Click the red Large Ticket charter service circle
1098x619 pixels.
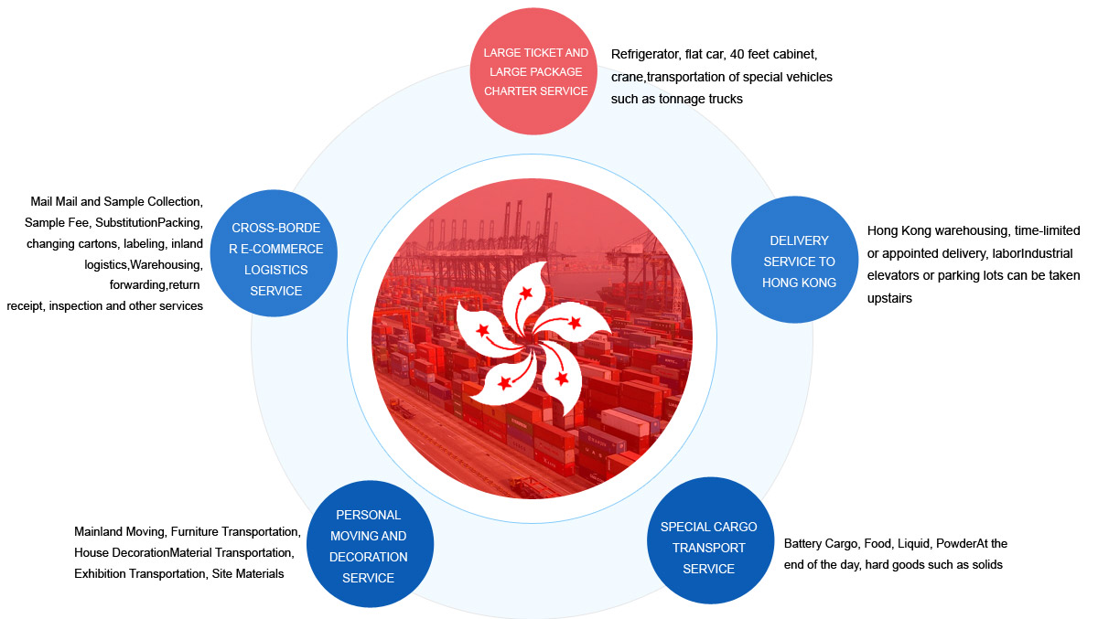click(x=533, y=71)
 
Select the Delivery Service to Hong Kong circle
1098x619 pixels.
click(x=794, y=260)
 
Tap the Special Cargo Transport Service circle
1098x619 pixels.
click(x=710, y=540)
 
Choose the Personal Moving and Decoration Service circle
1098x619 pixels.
click(x=370, y=544)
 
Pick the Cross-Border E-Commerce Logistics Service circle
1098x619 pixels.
click(x=274, y=253)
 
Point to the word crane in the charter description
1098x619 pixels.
click(x=627, y=78)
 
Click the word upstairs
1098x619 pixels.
click(x=889, y=298)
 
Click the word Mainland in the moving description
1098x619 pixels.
click(x=98, y=531)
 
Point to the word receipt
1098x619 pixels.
click(x=26, y=306)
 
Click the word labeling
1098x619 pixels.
click(x=145, y=244)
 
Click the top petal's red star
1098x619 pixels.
click(x=526, y=293)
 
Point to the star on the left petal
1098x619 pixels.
click(x=483, y=330)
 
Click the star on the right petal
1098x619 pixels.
click(x=575, y=322)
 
